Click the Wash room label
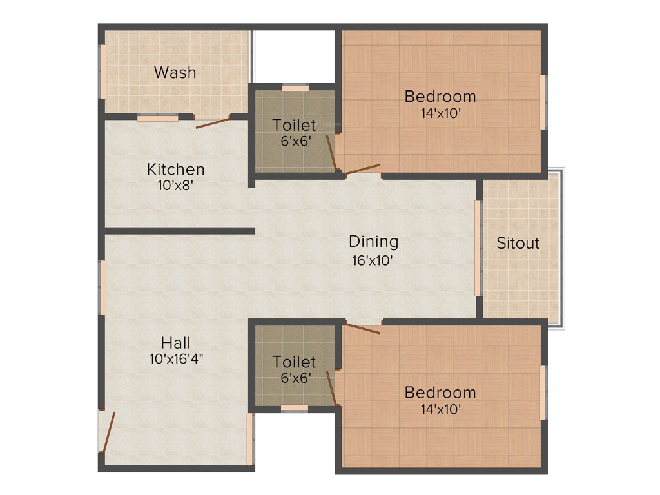175,72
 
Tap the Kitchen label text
176,170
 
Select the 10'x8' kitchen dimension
176,186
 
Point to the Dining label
373,242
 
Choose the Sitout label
518,244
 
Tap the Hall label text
176,342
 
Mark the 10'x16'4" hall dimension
176,359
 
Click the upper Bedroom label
440,97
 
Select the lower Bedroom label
440,392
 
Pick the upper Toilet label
294,124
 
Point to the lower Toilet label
294,362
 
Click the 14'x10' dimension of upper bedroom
440,113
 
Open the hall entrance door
108,432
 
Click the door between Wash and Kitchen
213,122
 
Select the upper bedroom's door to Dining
362,170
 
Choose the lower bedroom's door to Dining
362,329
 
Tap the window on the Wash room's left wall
101,72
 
